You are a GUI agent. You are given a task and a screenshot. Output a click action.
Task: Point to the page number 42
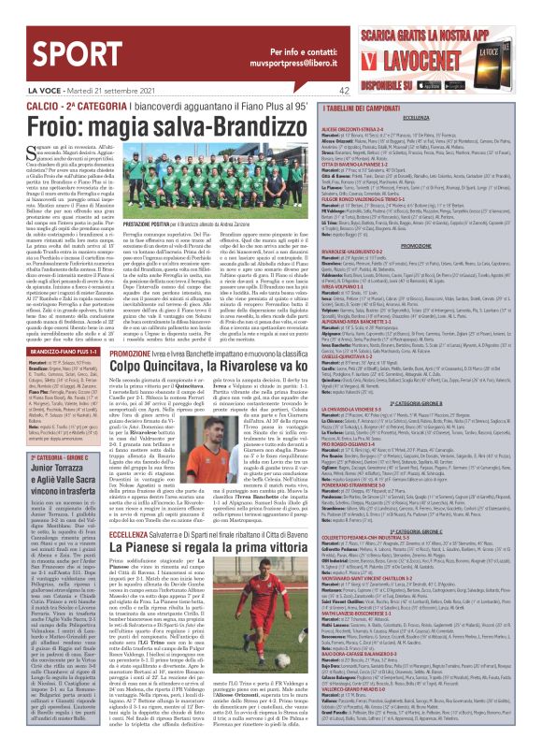(319, 91)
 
